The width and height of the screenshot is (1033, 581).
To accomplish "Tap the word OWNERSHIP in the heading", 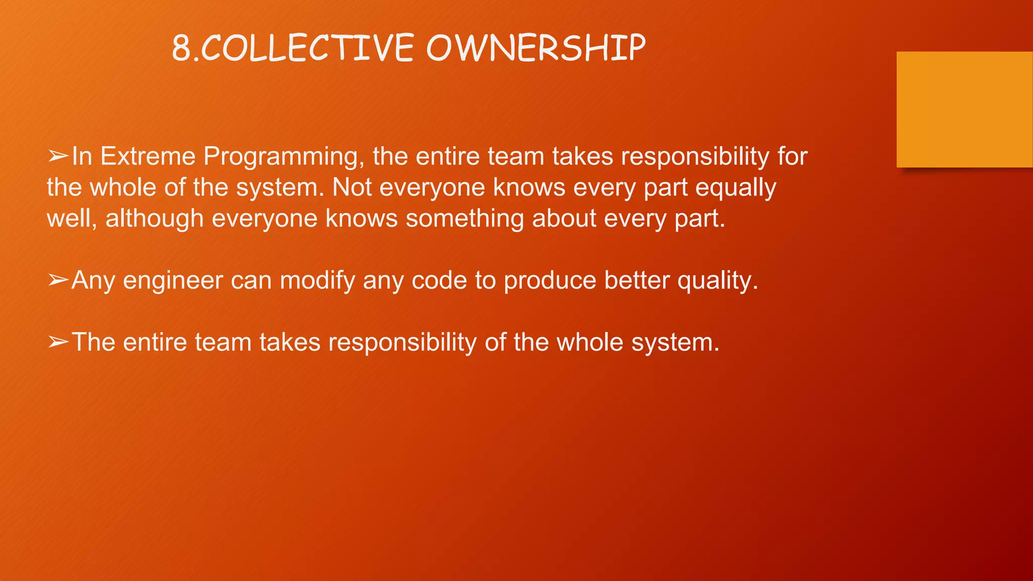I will click(x=536, y=49).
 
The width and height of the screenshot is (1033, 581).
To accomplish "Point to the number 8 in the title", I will click(x=181, y=49).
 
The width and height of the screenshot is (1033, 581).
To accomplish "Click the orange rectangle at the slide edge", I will click(x=964, y=109).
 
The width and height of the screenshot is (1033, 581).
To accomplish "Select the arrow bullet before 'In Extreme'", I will click(x=58, y=156).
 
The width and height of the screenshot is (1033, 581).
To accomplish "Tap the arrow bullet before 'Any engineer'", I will click(x=58, y=280).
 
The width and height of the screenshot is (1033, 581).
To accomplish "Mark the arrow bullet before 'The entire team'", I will click(x=58, y=342).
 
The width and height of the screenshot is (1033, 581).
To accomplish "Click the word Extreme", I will click(x=148, y=156).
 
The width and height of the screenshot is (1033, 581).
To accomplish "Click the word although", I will click(x=154, y=218).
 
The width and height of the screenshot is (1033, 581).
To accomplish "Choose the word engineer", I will click(x=173, y=281).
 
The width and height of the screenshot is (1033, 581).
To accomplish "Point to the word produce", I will click(x=550, y=281).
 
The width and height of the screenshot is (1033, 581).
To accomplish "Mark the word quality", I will click(x=717, y=281).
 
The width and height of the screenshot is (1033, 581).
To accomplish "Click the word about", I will click(x=564, y=218).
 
